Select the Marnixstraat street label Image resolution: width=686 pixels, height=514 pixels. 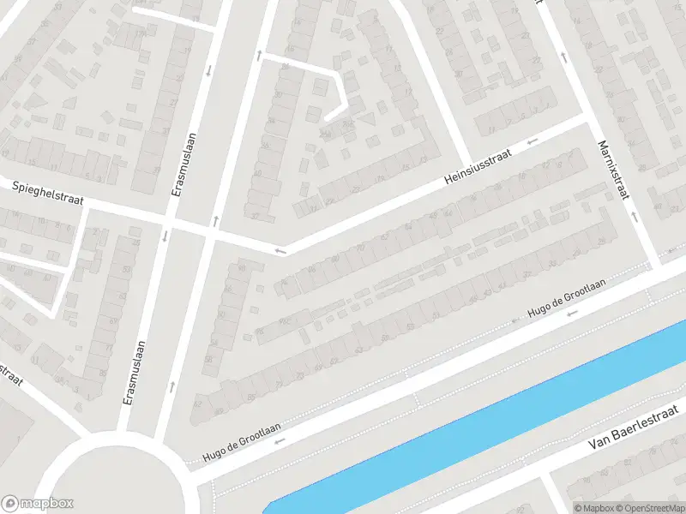pyautogui.click(x=614, y=170)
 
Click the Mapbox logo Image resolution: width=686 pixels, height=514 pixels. pyautogui.click(x=36, y=504)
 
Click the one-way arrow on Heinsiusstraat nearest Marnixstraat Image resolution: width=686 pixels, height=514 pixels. pyautogui.click(x=533, y=140)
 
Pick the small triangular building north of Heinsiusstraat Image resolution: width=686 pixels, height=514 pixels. pyautogui.click(x=370, y=119)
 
